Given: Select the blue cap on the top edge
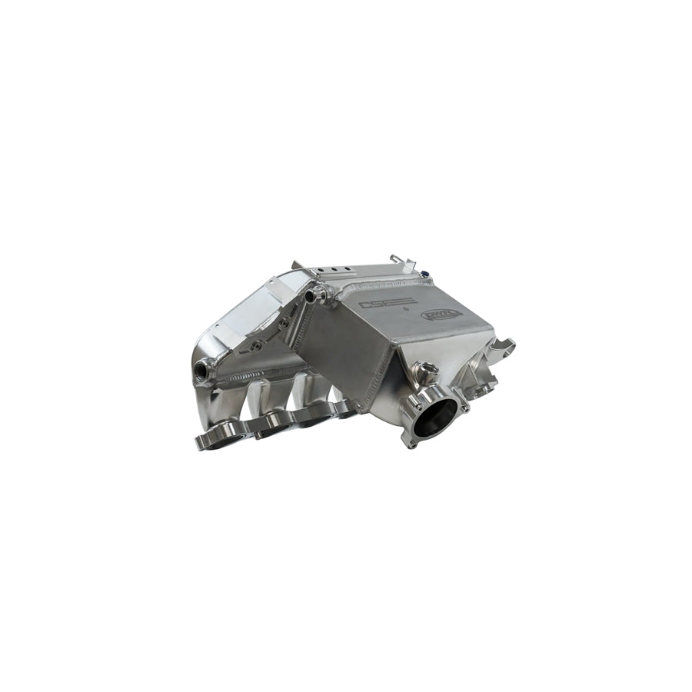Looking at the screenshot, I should pyautogui.click(x=423, y=274).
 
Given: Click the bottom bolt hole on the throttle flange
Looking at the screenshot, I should pyautogui.click(x=411, y=444).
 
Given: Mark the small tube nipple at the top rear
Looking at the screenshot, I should pyautogui.click(x=394, y=259).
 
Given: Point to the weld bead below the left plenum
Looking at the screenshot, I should pyautogui.click(x=261, y=376).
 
